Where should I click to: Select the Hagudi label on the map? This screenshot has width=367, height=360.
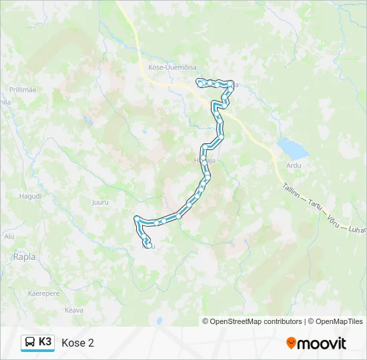point(30,197)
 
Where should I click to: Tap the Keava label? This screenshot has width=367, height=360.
point(73,310)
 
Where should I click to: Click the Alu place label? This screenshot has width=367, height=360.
point(9,236)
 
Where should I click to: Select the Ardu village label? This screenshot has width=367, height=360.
point(294,165)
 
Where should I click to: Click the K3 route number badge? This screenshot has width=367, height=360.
point(45,342)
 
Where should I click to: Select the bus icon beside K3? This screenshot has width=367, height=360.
point(30,343)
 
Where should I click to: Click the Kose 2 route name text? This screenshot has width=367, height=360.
point(77,343)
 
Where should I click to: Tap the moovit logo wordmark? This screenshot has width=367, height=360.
point(322,343)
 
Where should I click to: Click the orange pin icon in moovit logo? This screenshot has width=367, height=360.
point(291,343)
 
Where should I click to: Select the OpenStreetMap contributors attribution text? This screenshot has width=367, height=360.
point(252,321)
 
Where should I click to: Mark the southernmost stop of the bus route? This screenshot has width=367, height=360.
point(146,247)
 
